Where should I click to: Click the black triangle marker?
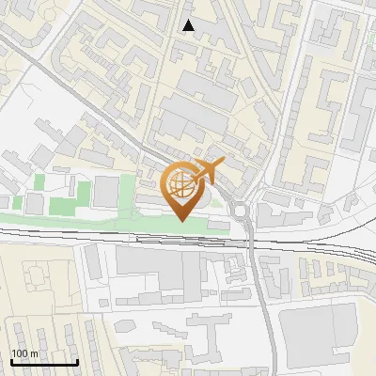pyautogui.click(x=189, y=25)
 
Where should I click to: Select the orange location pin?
pyautogui.click(x=184, y=191)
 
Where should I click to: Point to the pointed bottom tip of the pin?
pyautogui.click(x=182, y=221)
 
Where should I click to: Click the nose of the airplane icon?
pyautogui.click(x=224, y=163)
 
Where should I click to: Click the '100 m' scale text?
pyautogui.click(x=25, y=352)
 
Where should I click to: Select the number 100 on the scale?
pyautogui.click(x=21, y=352)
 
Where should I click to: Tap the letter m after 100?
pyautogui.click(x=36, y=352)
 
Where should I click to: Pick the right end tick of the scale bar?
pyautogui.click(x=77, y=360)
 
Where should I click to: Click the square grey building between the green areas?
pyautogui.click(x=106, y=192)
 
